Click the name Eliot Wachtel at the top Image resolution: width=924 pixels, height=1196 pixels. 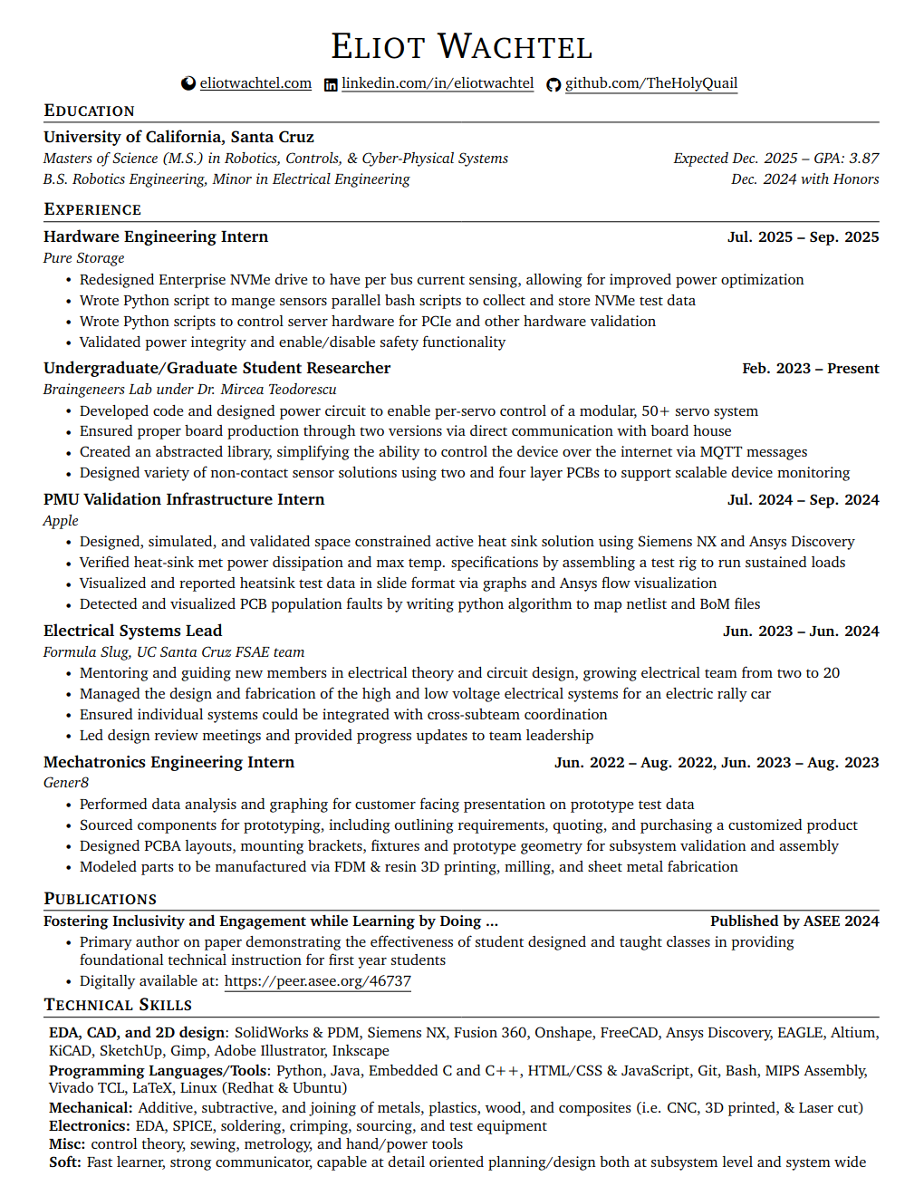(x=461, y=47)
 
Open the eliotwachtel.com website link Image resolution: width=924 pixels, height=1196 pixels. (x=255, y=83)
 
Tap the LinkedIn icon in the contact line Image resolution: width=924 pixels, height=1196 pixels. (x=331, y=84)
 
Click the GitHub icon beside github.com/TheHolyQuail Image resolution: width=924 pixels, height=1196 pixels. (x=553, y=84)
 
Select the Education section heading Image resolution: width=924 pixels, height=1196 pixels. (x=89, y=111)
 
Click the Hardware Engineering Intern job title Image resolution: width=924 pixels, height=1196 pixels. (x=156, y=236)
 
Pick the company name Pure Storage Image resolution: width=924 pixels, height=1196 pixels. (x=83, y=258)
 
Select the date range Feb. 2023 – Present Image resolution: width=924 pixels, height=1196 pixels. (x=810, y=369)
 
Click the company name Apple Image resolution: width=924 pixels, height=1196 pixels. (x=61, y=521)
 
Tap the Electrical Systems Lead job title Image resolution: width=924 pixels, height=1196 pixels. (x=132, y=631)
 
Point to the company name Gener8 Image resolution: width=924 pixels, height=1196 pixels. (x=66, y=783)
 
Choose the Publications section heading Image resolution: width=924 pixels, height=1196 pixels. (x=100, y=899)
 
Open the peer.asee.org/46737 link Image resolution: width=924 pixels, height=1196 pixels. (x=317, y=981)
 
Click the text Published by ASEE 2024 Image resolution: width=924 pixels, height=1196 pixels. (x=794, y=921)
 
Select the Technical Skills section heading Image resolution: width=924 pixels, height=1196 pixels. (x=118, y=1005)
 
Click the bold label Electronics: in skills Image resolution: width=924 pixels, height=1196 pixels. (x=90, y=1126)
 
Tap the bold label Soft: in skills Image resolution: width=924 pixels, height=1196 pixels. (x=65, y=1162)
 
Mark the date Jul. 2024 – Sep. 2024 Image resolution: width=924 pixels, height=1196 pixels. (x=803, y=500)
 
